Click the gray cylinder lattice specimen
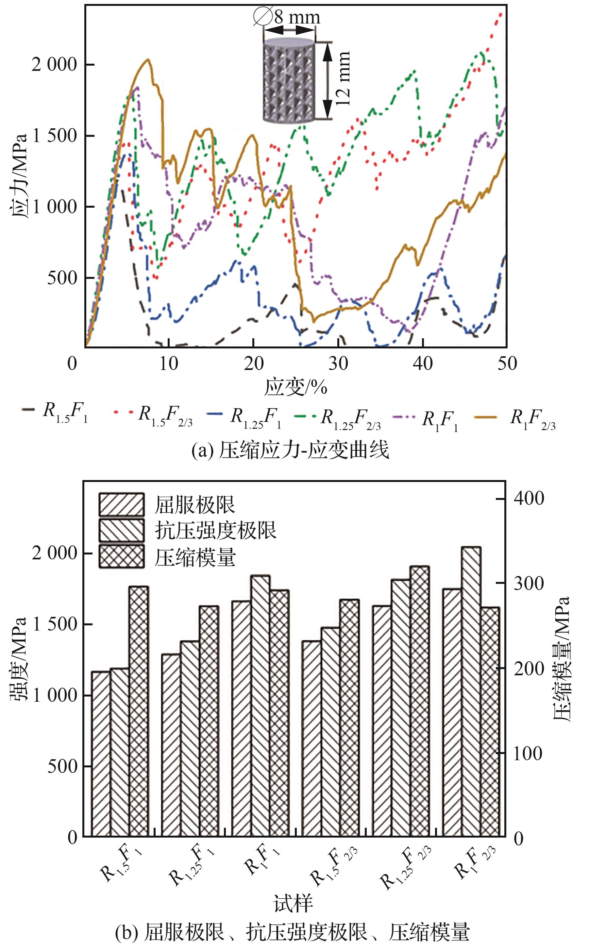click(288, 80)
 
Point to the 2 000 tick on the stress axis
click(54, 65)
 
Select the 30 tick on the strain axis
click(338, 363)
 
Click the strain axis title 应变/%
click(296, 387)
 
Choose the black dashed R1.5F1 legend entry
click(55, 412)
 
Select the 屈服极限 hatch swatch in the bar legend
click(122, 505)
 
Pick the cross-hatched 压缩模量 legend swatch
click(122, 556)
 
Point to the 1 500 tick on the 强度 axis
click(55, 624)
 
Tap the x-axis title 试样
click(293, 903)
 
